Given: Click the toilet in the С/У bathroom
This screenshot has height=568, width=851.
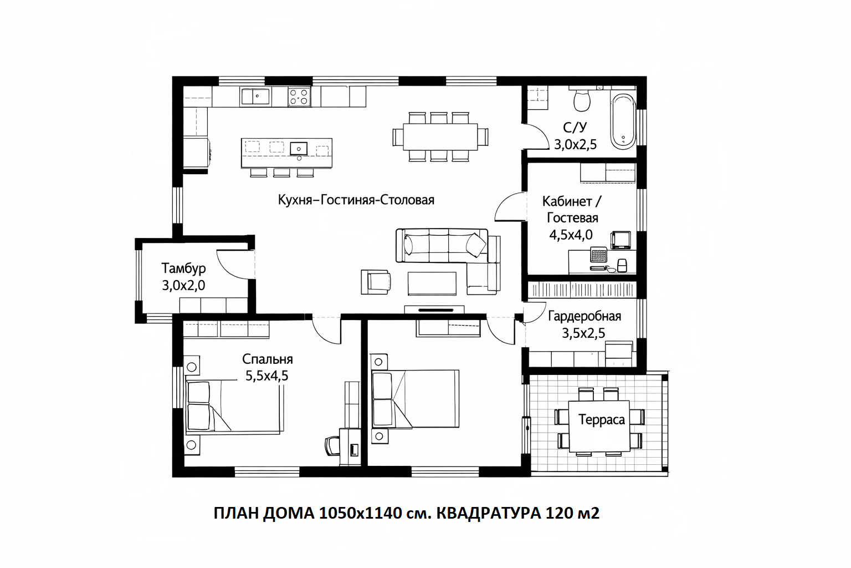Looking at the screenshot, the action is pyautogui.click(x=582, y=99).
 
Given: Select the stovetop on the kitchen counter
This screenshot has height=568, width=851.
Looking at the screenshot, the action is pyautogui.click(x=299, y=97).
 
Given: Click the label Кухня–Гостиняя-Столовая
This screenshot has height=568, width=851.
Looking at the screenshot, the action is pyautogui.click(x=356, y=200).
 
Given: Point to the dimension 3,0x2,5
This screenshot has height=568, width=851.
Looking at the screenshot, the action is pyautogui.click(x=575, y=145).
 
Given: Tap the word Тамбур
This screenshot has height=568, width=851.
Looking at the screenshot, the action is pyautogui.click(x=183, y=268).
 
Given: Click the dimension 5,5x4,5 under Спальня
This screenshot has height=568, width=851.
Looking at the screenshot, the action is pyautogui.click(x=266, y=376).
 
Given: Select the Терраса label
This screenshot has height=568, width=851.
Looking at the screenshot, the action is pyautogui.click(x=601, y=420).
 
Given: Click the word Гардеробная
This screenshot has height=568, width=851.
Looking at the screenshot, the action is pyautogui.click(x=585, y=317).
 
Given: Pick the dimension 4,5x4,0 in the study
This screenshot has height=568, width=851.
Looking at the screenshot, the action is pyautogui.click(x=571, y=235).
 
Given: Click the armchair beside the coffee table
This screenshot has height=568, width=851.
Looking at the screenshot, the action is pyautogui.click(x=376, y=282).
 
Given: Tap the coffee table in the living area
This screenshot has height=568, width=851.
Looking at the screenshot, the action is pyautogui.click(x=432, y=283).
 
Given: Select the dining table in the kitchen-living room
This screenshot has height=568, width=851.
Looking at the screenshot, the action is pyautogui.click(x=440, y=136).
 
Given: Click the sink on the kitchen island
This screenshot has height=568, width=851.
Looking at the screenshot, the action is pyautogui.click(x=299, y=148).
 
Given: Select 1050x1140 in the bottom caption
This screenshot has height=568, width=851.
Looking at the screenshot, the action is pyautogui.click(x=360, y=514).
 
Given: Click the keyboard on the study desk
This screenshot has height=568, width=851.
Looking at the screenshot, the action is pyautogui.click(x=598, y=255).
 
